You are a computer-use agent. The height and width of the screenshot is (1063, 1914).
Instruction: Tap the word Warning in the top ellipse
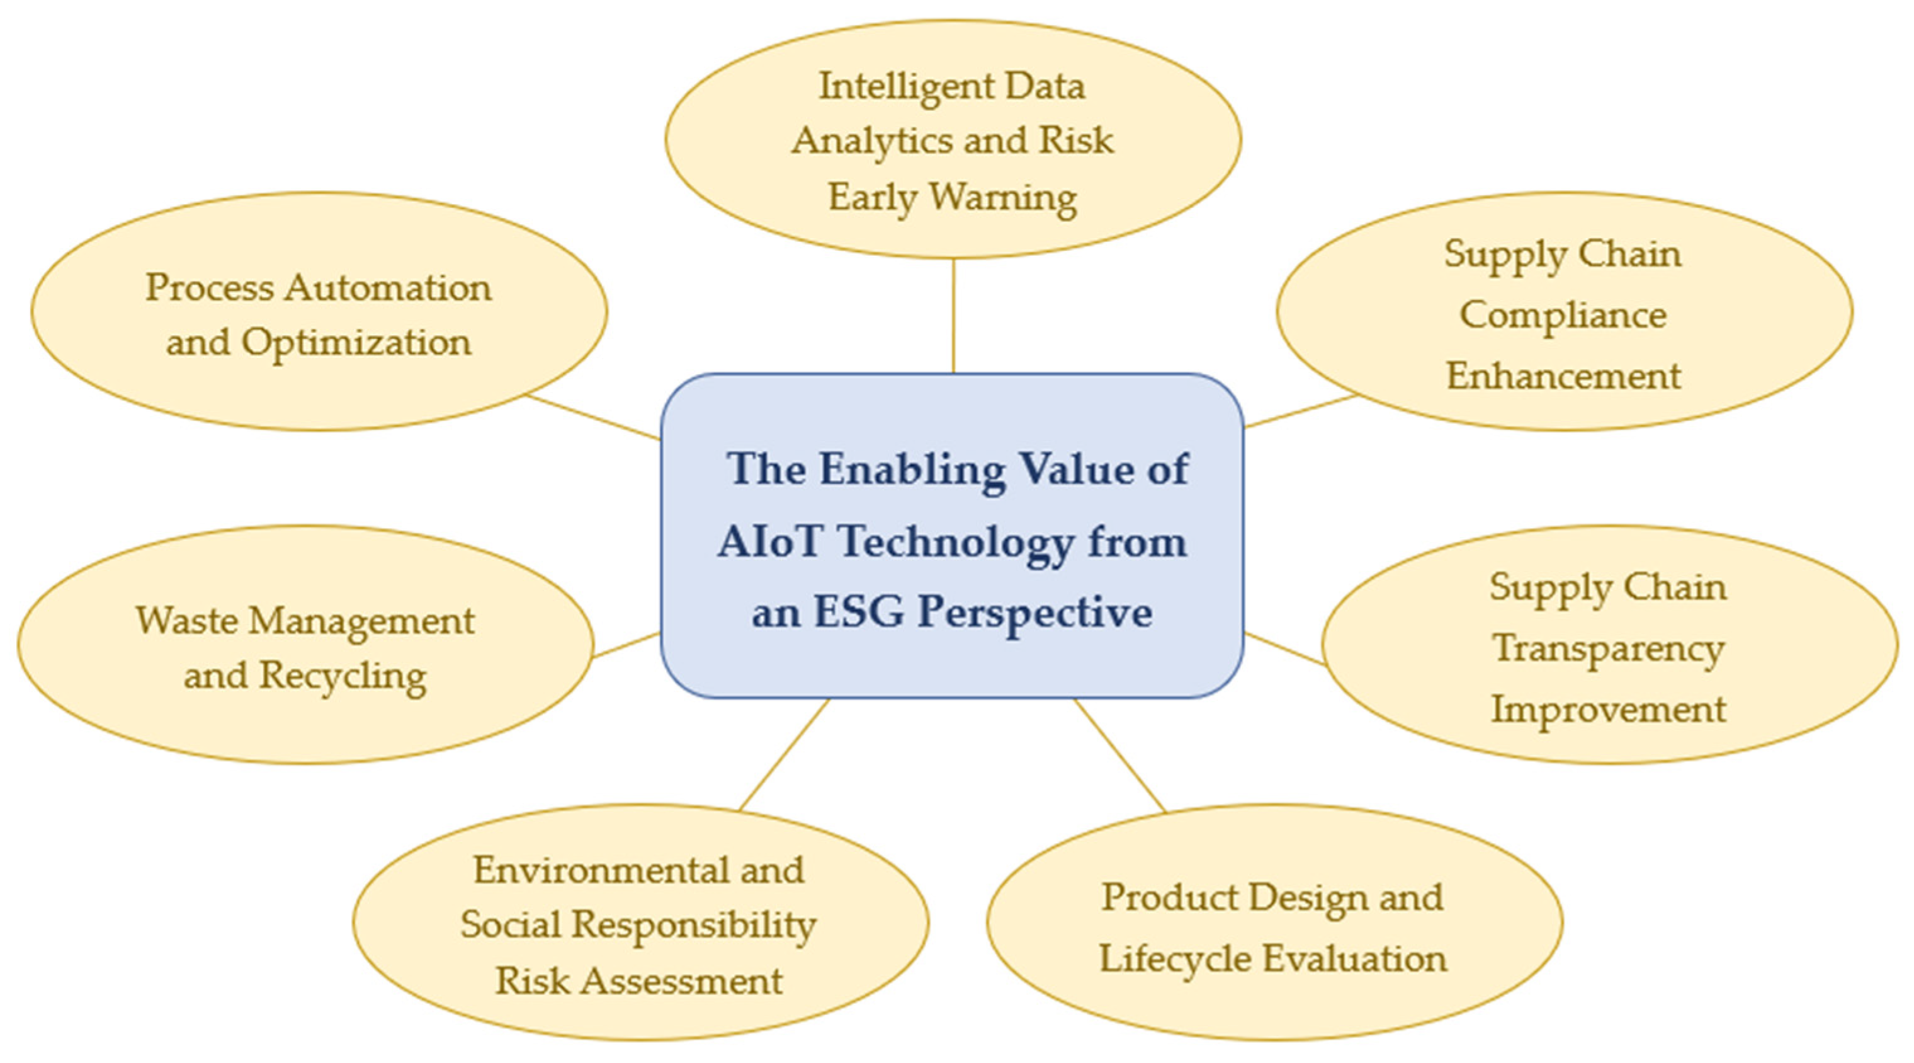click(x=1003, y=198)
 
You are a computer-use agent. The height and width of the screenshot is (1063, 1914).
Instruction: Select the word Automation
click(x=387, y=288)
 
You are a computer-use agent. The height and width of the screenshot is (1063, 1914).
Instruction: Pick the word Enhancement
click(x=1563, y=376)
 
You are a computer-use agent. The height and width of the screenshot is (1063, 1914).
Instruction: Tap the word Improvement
click(x=1609, y=709)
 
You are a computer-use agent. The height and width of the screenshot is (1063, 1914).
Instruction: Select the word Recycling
click(x=343, y=677)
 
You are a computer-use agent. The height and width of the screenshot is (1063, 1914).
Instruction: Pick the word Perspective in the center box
click(x=1035, y=614)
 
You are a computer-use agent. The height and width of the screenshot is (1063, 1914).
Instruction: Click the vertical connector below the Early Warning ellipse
click(x=953, y=316)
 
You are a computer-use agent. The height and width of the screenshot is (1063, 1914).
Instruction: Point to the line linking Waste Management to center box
click(x=626, y=645)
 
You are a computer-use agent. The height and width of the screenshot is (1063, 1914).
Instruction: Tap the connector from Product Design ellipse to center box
click(x=1119, y=756)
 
